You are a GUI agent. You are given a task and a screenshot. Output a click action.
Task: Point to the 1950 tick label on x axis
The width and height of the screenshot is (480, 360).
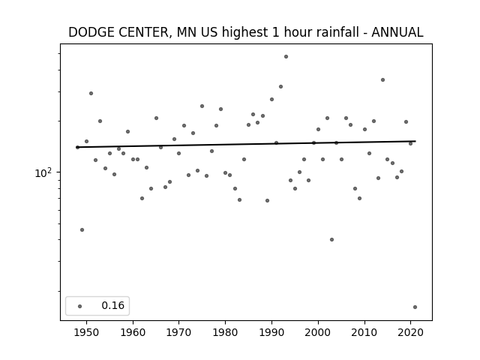coord(87,331)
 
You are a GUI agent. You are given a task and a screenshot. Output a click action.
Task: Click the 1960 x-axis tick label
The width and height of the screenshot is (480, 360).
coord(133,331)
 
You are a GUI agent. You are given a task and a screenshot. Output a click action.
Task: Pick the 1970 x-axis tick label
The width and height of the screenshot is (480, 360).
coord(179,331)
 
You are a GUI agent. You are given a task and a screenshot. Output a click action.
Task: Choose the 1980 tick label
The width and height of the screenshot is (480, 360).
coord(226,331)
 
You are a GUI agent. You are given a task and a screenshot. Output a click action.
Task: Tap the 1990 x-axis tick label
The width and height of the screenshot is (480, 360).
coord(271,331)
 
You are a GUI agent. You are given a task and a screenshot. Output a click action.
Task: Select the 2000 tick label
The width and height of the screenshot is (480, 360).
coord(318,331)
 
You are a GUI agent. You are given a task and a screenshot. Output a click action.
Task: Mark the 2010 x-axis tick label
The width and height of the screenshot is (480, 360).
coord(364,331)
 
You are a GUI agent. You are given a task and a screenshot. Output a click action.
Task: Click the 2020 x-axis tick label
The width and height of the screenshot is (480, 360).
coord(410,331)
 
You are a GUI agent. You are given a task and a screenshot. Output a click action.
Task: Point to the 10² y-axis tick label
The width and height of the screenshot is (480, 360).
coord(44,172)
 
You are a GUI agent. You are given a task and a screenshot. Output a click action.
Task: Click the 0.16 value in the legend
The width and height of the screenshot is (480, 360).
coord(113,306)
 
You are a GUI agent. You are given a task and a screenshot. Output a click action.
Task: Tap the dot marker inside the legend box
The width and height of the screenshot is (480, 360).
coord(80,306)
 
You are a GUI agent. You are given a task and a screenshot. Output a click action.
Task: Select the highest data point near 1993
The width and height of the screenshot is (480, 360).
coord(286,56)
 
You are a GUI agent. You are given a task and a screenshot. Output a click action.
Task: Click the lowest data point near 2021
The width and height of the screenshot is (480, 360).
coord(415,307)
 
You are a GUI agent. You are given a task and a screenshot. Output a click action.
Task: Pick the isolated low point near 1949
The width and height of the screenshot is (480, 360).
coord(82,229)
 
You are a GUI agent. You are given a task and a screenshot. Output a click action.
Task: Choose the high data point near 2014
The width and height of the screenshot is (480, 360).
coord(382,79)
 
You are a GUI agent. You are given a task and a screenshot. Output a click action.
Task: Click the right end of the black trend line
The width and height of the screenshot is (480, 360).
coord(415,141)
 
